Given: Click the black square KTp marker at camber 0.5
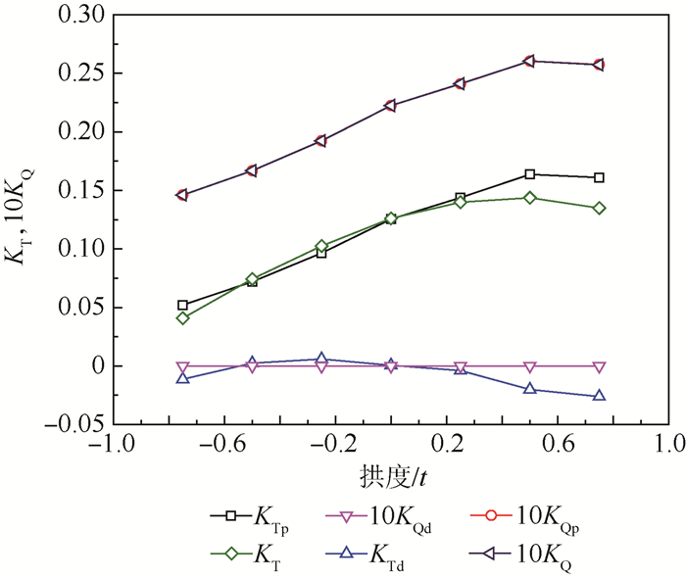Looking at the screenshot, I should pyautogui.click(x=530, y=174).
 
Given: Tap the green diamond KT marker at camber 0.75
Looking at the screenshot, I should pyautogui.click(x=599, y=208).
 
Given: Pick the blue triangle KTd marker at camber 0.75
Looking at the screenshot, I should pyautogui.click(x=599, y=396).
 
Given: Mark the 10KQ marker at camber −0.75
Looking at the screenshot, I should pyautogui.click(x=182, y=195).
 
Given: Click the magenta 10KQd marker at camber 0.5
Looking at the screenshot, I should pyautogui.click(x=530, y=366).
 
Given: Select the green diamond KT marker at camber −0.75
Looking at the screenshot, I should pyautogui.click(x=182, y=318).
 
